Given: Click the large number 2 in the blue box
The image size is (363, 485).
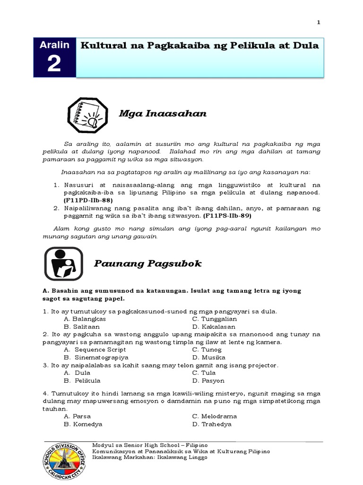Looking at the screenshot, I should click(x=54, y=63).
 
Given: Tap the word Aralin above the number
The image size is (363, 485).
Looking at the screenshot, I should click(x=54, y=45).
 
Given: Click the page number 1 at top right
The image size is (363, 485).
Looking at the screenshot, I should click(x=319, y=22).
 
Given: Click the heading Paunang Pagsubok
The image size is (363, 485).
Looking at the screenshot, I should click(x=147, y=263).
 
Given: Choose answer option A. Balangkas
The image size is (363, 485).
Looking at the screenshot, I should click(x=85, y=319).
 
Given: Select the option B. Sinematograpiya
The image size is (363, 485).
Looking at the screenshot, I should click(x=96, y=358).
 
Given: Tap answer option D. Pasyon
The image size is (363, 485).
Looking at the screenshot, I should click(x=208, y=380).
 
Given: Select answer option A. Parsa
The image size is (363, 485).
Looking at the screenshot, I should click(x=77, y=416).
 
